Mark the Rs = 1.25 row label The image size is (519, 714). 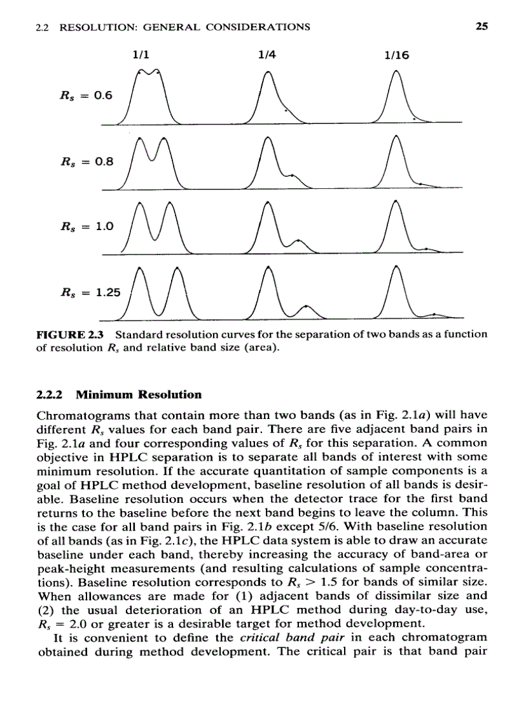[90, 293]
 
